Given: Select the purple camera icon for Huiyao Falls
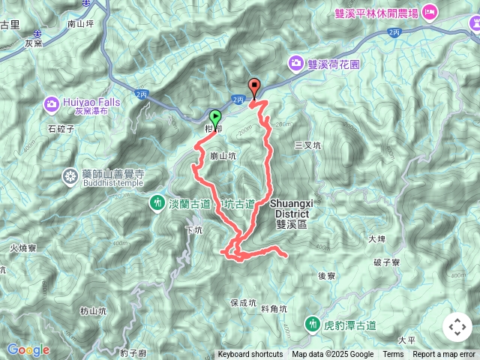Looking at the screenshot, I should [52, 103].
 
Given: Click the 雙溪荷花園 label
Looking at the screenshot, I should [334, 64].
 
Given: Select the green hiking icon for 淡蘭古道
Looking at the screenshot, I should [157, 202].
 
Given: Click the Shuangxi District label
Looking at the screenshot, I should [289, 208].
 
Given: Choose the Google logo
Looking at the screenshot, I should [28, 349].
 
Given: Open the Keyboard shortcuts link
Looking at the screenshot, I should [250, 355].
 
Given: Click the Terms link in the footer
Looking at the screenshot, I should [393, 355].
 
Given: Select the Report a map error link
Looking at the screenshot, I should [445, 355].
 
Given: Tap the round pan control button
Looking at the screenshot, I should [457, 327].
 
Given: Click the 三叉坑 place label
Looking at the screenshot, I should [308, 145].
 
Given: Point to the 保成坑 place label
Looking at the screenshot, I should [244, 303].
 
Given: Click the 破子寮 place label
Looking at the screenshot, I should [387, 262].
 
